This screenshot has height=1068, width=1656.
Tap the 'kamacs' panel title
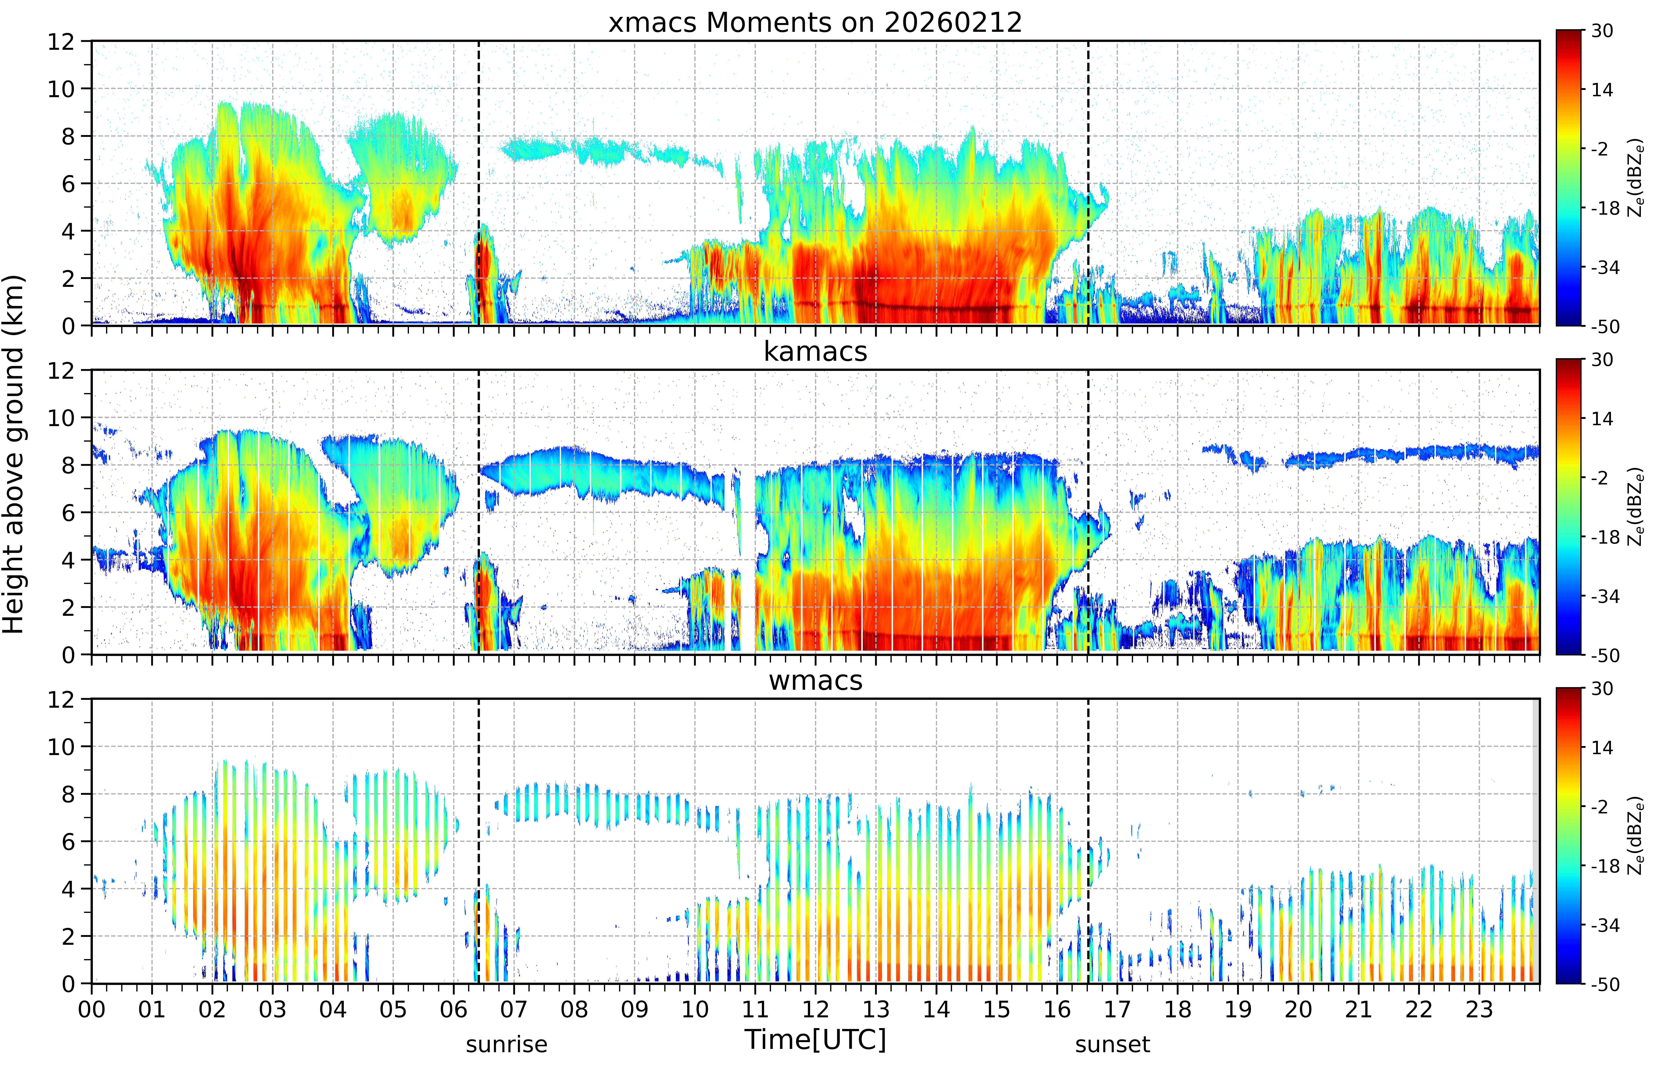pos(815,352)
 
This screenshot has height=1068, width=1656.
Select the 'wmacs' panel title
pos(815,680)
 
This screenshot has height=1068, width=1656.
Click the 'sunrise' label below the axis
pos(506,1044)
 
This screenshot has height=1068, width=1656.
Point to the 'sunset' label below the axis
pos(1112,1044)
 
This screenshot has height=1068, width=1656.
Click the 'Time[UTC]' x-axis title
pos(815,1039)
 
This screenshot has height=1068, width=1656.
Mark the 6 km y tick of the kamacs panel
pos(68,513)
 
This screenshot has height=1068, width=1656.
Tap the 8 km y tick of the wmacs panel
pos(68,794)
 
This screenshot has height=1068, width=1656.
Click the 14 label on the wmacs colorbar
pos(1602,748)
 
